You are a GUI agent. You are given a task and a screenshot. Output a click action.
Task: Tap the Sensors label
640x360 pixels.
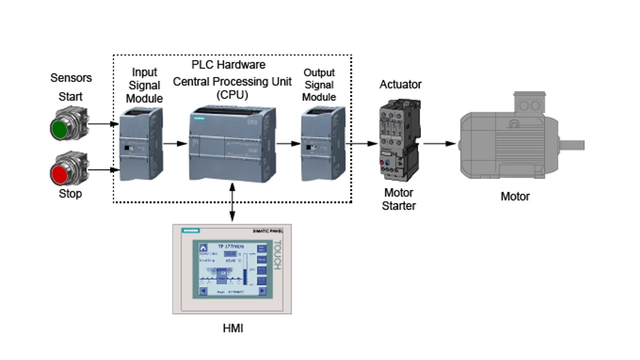(x=71, y=78)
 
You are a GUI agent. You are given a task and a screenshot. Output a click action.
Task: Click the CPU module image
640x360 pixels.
(x=232, y=144)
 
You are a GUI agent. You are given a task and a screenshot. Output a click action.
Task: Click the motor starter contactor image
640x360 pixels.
(x=399, y=140)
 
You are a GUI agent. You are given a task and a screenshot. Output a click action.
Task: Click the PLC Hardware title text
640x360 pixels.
(x=228, y=65)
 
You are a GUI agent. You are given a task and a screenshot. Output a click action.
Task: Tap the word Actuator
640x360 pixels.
(x=400, y=84)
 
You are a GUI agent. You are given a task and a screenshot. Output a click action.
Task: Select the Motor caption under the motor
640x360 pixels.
(x=515, y=196)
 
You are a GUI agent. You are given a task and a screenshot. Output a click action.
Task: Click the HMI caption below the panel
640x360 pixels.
(x=232, y=328)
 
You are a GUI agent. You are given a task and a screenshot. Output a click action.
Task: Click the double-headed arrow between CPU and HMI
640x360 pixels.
(x=232, y=202)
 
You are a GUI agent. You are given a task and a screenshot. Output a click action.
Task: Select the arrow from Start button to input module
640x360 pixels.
(x=104, y=123)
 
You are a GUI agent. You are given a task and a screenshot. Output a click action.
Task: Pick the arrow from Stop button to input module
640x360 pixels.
(x=104, y=170)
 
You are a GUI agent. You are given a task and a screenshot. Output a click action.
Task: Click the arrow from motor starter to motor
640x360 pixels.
(x=440, y=144)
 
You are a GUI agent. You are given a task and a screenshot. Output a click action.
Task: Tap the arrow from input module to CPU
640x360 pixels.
(x=175, y=144)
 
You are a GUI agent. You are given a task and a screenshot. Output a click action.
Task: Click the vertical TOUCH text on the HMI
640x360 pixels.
(x=277, y=255)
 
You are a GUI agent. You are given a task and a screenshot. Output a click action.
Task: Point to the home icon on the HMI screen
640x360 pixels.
(x=203, y=247)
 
